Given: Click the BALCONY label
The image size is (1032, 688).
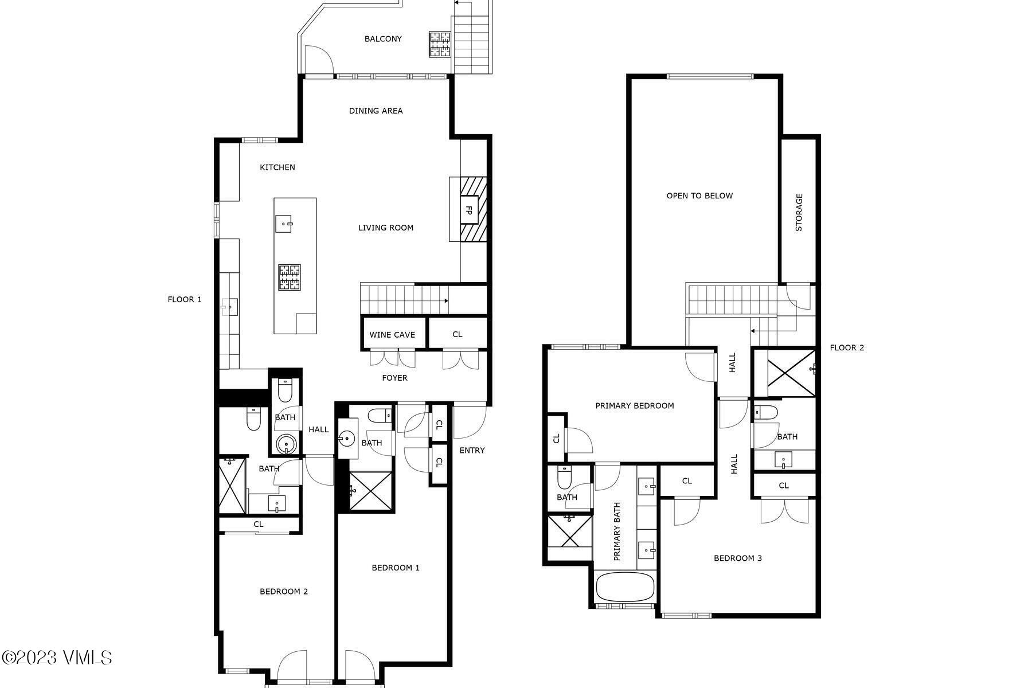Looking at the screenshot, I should click(383, 39).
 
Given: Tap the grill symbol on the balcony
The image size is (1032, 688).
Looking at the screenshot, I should click(440, 44).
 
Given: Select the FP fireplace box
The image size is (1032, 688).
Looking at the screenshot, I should click(468, 210).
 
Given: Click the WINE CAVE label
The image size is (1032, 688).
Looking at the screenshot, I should click(392, 335).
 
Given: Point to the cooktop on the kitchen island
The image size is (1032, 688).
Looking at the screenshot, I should click(290, 277).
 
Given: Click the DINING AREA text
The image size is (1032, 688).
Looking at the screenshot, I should click(376, 111).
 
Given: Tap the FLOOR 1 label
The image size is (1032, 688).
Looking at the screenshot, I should click(185, 299).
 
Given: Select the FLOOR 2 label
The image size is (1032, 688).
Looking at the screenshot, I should click(847, 347).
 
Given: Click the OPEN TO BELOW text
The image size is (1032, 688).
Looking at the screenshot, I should click(699, 196).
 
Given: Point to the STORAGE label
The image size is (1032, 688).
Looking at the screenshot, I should click(799, 212).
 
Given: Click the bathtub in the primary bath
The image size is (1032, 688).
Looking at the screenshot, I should click(625, 587).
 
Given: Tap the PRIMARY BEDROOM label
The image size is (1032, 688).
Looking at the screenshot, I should click(634, 406).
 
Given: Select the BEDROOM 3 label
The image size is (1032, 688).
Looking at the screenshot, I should click(737, 558).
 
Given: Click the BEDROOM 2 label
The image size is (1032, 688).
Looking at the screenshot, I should click(284, 591).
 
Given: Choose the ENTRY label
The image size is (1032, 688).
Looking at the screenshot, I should click(472, 451).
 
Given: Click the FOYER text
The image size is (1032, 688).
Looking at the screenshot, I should click(394, 378).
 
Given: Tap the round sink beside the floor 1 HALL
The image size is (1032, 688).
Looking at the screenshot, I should click(286, 444).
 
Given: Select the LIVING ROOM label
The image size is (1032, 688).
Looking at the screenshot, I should click(385, 228).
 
